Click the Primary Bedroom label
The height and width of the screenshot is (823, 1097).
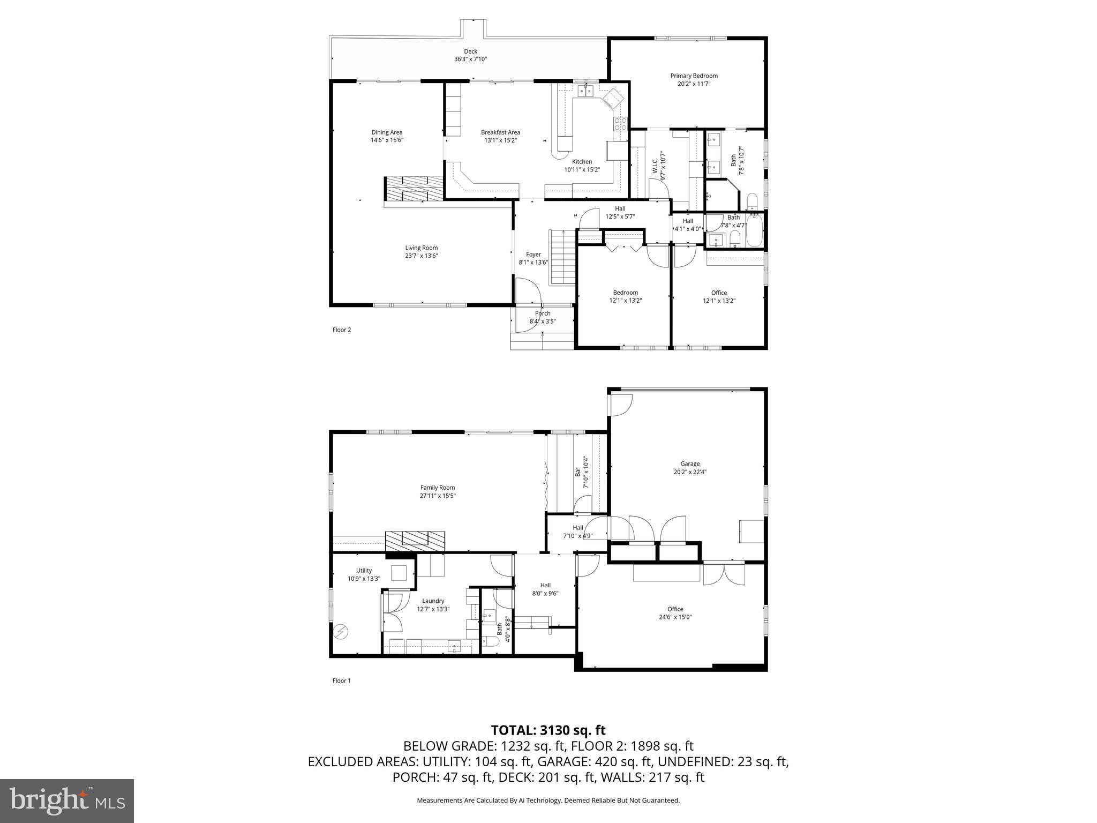pos(694,76)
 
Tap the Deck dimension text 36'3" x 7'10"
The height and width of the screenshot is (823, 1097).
pos(470,59)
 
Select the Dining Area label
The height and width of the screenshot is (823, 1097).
pos(387,132)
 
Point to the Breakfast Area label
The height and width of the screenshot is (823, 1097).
pos(500,132)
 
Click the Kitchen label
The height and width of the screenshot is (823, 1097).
pos(582,162)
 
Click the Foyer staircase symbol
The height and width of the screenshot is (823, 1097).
pos(562,257)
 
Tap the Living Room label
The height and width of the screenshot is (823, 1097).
pos(421,248)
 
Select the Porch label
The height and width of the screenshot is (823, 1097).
pos(542,313)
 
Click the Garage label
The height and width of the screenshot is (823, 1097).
pos(690,464)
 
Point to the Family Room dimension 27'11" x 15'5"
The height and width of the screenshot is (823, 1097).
pos(438,496)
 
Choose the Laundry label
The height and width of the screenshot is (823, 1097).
pos(433,601)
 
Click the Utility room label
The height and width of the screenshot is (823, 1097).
pos(364,571)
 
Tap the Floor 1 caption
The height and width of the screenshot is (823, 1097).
pos(342,681)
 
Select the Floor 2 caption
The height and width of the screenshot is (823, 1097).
pos(342,330)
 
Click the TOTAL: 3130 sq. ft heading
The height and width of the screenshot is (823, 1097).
pos(548,730)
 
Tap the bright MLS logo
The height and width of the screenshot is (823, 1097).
pos(67,801)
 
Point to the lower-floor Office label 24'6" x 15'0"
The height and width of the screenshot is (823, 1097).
pos(675,613)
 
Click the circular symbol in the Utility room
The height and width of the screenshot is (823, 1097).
pos(340,632)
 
